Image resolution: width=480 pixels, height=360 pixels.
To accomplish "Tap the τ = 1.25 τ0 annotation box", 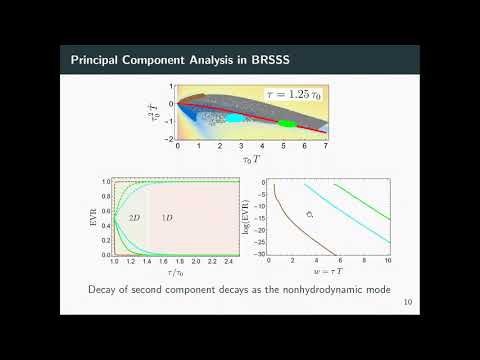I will pos(297,94).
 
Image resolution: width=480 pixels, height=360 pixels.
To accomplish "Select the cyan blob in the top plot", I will pos(233,118).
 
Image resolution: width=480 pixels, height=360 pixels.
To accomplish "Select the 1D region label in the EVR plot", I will pos(167,217).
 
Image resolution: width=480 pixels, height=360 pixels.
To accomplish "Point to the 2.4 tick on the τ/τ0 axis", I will pos(225,264).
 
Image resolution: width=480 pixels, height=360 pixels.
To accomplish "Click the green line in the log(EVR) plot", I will pos(351,201).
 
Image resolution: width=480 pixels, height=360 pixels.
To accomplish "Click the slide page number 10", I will pos(405,302).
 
